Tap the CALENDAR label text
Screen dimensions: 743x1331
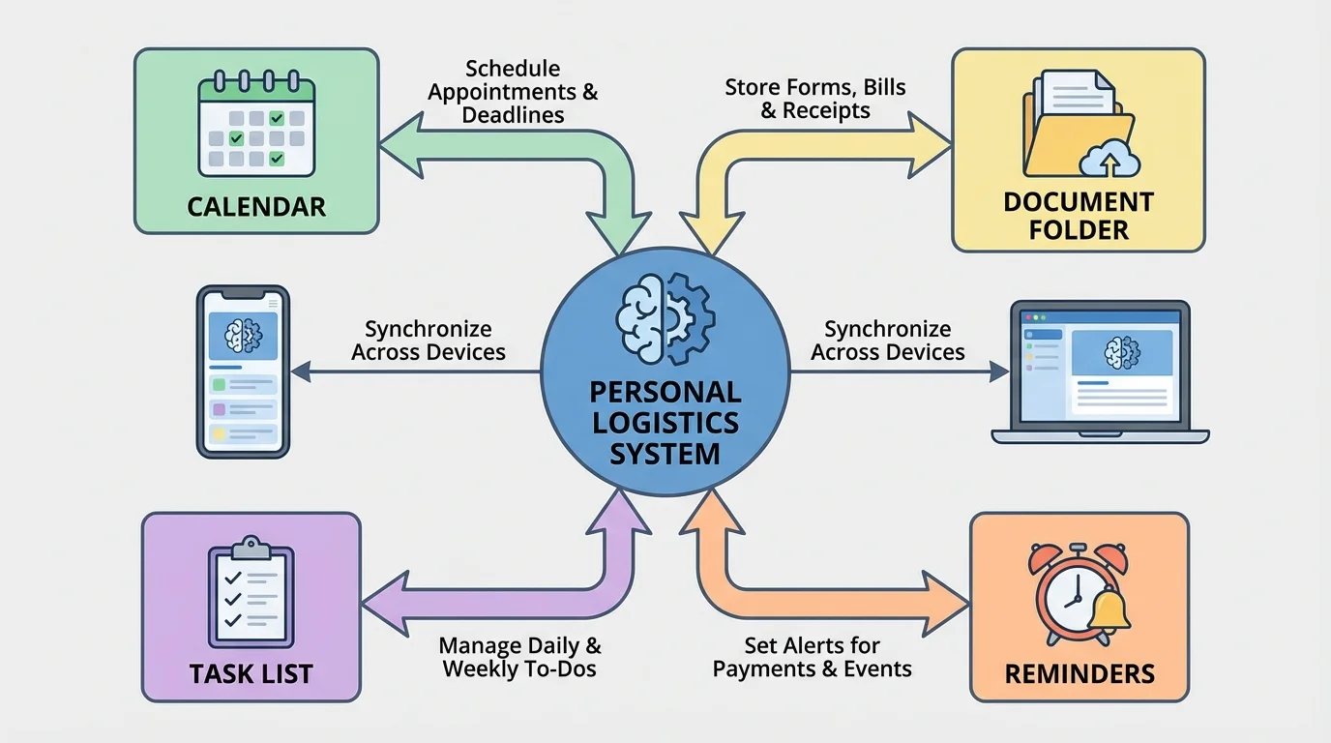[x=256, y=206]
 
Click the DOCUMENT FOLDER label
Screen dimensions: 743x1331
[x=1079, y=216]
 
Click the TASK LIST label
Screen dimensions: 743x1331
[x=251, y=673]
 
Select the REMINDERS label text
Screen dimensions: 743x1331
[x=1080, y=673]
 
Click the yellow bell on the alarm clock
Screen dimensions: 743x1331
[x=1109, y=609]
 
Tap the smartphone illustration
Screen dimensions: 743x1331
[x=244, y=371]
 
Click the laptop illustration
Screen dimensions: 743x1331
[x=1100, y=371]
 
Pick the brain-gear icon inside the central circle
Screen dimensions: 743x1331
[x=665, y=319]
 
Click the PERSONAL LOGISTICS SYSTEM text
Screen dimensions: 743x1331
[x=665, y=423]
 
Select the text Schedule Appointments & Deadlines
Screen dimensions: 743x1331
[x=513, y=92]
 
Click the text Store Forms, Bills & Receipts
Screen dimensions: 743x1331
[x=815, y=99]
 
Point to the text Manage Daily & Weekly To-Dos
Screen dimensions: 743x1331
[x=519, y=657]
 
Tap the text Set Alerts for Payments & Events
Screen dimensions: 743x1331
[x=813, y=657]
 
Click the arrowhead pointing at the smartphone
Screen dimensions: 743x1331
[x=300, y=371]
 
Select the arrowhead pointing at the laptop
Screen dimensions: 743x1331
[x=999, y=371]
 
